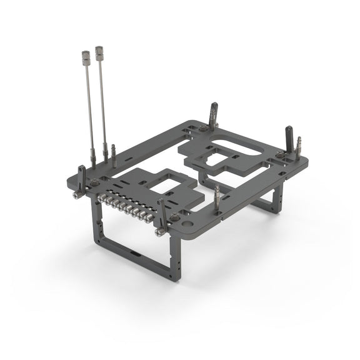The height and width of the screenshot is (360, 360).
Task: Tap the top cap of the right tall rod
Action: point(99,50)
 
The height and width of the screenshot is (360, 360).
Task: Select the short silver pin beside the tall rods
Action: point(113,151)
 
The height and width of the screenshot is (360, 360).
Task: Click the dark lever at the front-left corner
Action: point(81,177)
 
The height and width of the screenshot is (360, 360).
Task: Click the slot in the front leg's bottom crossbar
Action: point(135,254)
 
